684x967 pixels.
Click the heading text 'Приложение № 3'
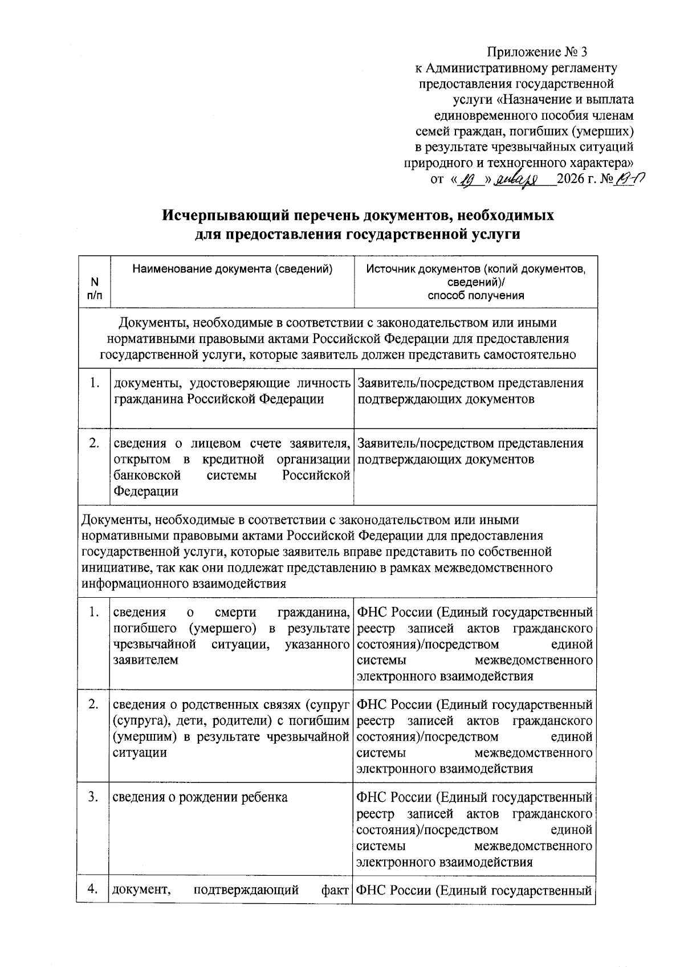click(x=536, y=53)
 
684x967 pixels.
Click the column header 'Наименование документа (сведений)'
click(x=232, y=269)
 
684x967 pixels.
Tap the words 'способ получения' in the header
click(x=475, y=295)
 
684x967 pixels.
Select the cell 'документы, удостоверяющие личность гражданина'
click(x=231, y=391)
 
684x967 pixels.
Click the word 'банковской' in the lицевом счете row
click(x=147, y=475)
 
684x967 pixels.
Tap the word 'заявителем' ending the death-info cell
click(x=146, y=660)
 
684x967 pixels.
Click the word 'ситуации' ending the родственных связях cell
click(x=140, y=753)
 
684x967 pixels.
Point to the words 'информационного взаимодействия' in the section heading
click(x=182, y=584)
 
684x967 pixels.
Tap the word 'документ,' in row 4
click(x=142, y=890)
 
